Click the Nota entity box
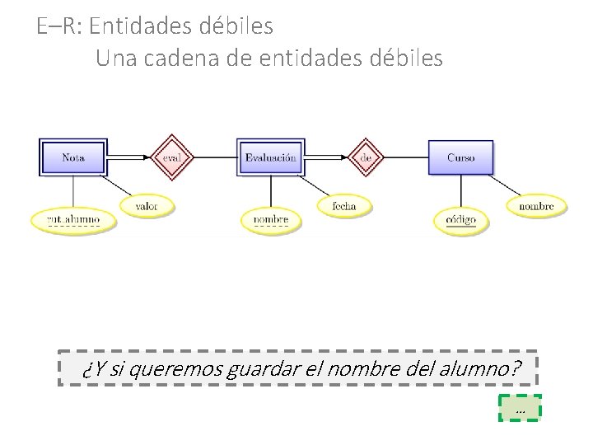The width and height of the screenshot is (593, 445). click(x=73, y=157)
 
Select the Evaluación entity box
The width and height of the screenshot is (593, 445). click(x=270, y=157)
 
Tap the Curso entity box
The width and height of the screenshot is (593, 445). click(x=461, y=157)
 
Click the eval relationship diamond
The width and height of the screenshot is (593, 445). click(x=172, y=157)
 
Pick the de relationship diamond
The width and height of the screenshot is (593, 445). click(x=367, y=157)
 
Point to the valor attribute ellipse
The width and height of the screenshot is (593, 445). click(x=147, y=205)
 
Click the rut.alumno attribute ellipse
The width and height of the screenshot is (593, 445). click(x=72, y=219)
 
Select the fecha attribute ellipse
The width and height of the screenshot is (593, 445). click(x=344, y=205)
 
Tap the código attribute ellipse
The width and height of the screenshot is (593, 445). click(x=461, y=220)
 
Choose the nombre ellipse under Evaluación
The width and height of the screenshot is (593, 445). click(x=271, y=219)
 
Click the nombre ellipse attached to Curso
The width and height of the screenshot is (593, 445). click(x=537, y=204)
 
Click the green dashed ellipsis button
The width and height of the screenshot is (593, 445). click(x=520, y=408)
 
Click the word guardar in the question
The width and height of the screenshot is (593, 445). click(x=265, y=370)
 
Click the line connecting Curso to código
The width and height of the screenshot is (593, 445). click(x=461, y=191)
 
